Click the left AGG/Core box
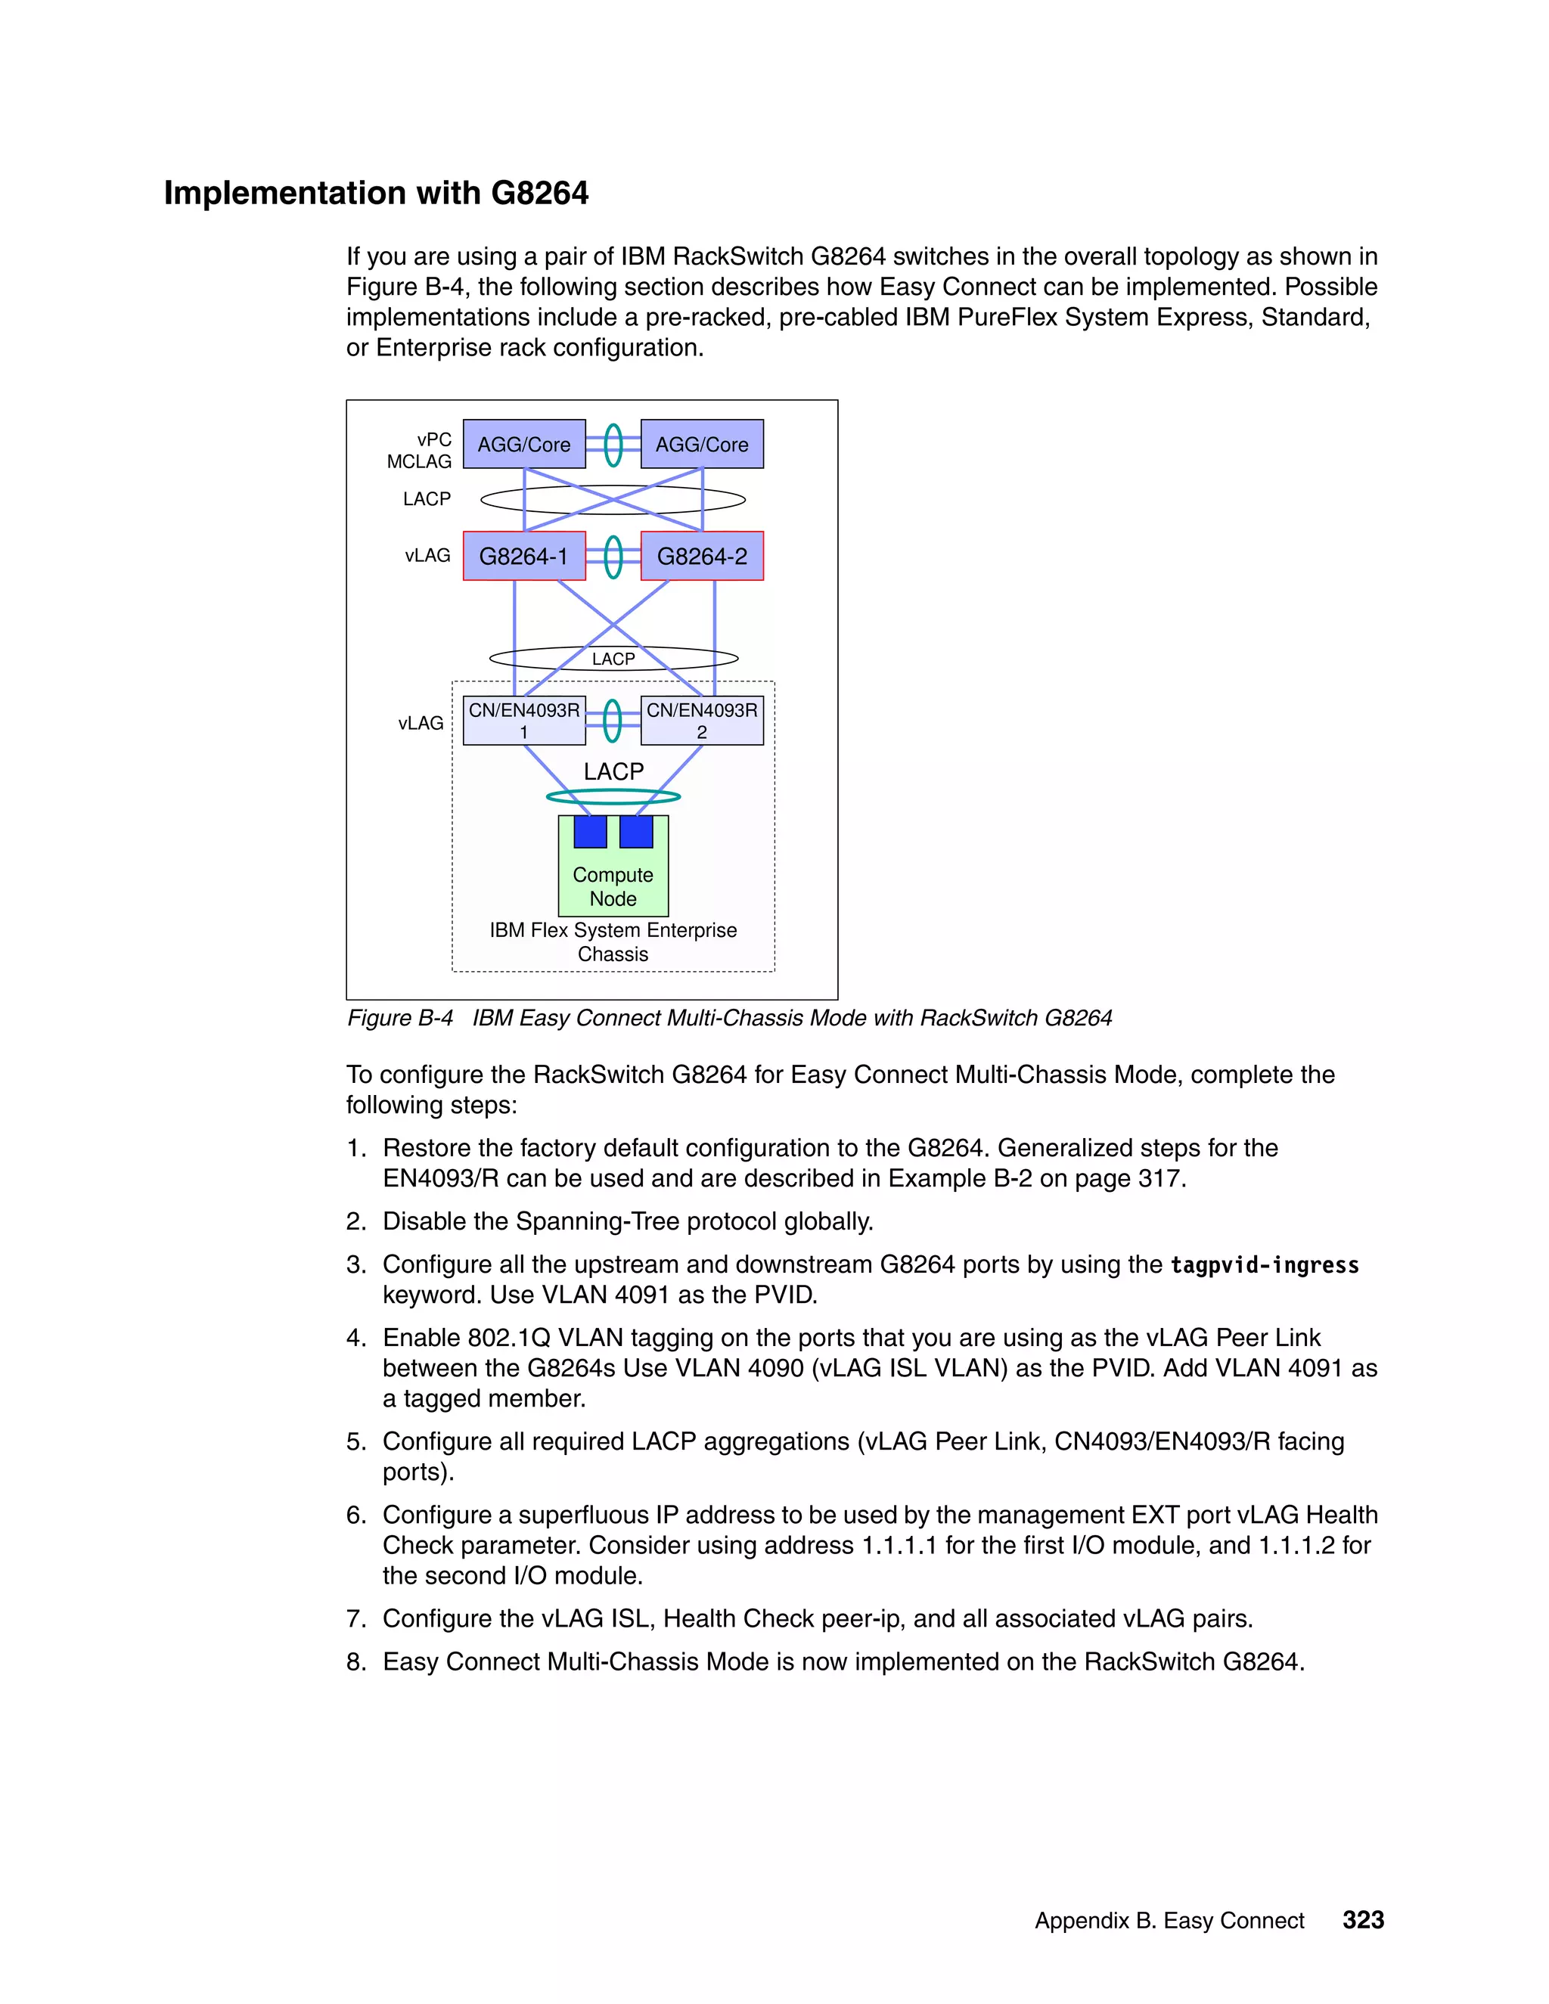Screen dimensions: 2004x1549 pos(524,444)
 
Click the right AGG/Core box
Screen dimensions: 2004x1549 pos(702,444)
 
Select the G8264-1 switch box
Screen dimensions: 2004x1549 pos(524,556)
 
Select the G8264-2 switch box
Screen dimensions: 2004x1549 pos(702,556)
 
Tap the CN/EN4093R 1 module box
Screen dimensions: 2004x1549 pos(524,721)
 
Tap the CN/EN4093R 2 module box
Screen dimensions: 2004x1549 pos(702,721)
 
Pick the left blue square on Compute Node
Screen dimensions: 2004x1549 pos(590,831)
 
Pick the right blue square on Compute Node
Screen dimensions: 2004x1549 pos(636,831)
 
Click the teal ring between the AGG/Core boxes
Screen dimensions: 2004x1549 pos(613,445)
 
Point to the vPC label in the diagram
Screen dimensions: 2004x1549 pos(434,439)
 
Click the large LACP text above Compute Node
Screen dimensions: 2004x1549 pos(613,771)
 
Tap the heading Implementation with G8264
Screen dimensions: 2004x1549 pos(376,194)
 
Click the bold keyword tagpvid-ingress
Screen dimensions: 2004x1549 pos(1264,1265)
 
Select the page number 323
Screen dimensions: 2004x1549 pos(1363,1921)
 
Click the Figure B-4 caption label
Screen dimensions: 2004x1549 pos(400,1019)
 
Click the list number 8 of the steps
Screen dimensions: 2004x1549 pos(355,1663)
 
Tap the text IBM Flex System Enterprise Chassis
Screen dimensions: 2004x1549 pos(613,942)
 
